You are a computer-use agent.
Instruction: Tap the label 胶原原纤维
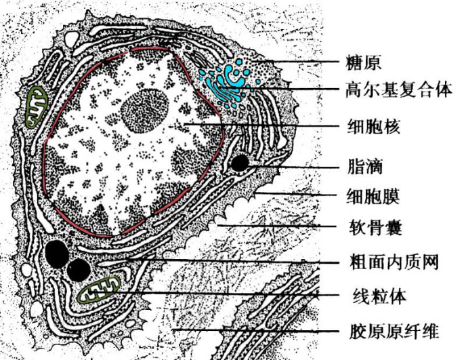click(394, 332)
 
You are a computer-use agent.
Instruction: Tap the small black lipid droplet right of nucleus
click(238, 163)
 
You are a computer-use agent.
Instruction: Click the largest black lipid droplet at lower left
click(57, 254)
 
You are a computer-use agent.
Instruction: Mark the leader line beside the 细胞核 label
click(271, 125)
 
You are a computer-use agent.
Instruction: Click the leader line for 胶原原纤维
click(271, 330)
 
